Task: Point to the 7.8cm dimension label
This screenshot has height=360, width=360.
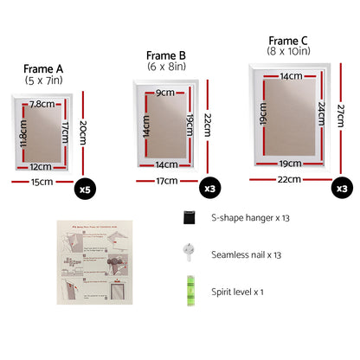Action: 42,104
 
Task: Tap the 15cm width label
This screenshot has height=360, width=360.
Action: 42,182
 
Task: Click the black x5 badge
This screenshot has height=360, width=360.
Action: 85,187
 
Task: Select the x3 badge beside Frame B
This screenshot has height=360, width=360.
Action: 209,187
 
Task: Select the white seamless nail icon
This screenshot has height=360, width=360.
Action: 188,252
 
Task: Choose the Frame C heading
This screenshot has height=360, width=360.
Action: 287,40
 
